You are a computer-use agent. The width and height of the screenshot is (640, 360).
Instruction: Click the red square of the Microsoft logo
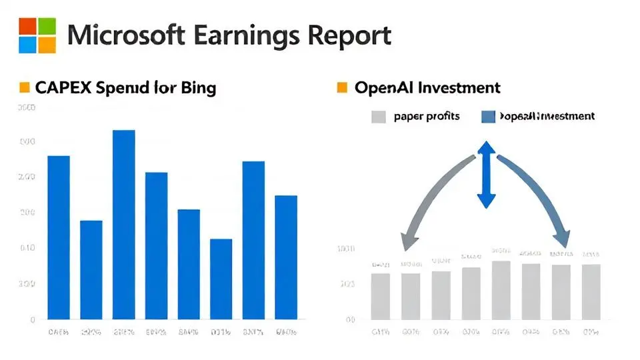click(x=28, y=26)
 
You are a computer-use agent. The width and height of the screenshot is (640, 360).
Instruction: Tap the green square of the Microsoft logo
click(x=46, y=26)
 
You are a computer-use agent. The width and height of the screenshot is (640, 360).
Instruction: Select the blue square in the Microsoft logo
click(x=28, y=44)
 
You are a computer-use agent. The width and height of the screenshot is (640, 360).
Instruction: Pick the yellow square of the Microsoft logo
click(x=46, y=44)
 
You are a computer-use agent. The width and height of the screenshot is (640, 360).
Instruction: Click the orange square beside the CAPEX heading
click(x=25, y=87)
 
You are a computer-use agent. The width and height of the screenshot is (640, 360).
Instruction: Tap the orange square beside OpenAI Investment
click(x=343, y=87)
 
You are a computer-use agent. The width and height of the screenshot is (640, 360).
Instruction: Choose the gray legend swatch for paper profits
click(x=378, y=117)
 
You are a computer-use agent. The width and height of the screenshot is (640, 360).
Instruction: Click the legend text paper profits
click(x=427, y=117)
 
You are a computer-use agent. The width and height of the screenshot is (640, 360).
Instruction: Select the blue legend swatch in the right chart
click(x=488, y=117)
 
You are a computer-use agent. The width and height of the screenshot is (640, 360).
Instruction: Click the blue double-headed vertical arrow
click(x=486, y=173)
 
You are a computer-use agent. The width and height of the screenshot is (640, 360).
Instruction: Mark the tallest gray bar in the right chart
click(x=501, y=290)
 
